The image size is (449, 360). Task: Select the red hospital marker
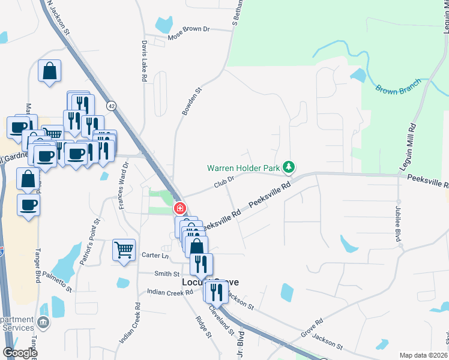tap(179, 208)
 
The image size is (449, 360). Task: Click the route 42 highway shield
tap(111, 106)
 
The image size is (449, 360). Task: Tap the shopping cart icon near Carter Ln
tap(124, 249)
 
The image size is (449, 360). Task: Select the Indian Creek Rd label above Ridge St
tap(170, 292)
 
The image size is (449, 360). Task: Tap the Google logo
tap(19, 352)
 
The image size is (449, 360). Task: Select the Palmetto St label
tap(56, 281)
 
